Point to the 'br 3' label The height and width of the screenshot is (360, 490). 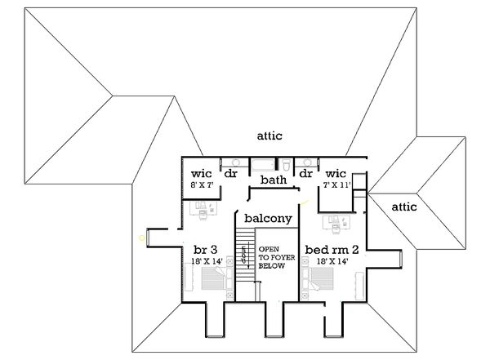(204, 248)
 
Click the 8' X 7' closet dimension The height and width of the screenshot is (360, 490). (202, 186)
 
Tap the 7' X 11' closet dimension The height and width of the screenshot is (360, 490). (336, 186)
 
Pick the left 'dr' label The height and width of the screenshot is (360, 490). (231, 174)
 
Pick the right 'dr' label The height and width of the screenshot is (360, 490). (306, 174)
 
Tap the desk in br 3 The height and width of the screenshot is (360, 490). (201, 208)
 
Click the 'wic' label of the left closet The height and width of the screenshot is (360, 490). (202, 174)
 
